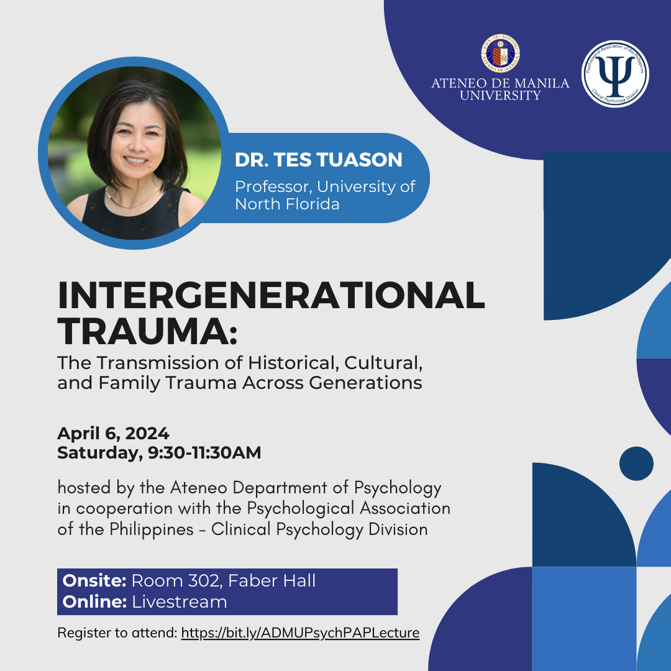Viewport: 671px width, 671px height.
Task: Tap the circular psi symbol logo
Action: tap(615, 74)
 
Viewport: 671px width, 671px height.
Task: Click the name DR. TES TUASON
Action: tap(318, 160)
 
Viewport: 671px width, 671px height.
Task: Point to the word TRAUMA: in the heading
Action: tap(148, 332)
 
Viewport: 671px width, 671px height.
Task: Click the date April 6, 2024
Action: tap(113, 433)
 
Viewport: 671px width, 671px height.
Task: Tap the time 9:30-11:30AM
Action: tap(204, 453)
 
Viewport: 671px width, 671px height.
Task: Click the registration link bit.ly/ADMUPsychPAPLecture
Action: tap(300, 633)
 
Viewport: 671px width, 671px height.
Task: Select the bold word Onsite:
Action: tap(94, 581)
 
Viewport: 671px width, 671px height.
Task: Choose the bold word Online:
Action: tap(94, 601)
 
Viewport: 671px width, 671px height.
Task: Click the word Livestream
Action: tap(180, 601)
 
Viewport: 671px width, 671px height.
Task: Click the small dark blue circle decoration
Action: tap(636, 463)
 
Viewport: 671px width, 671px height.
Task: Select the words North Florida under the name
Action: tap(287, 204)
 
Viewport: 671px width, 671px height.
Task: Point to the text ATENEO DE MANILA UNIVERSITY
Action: tap(500, 89)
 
